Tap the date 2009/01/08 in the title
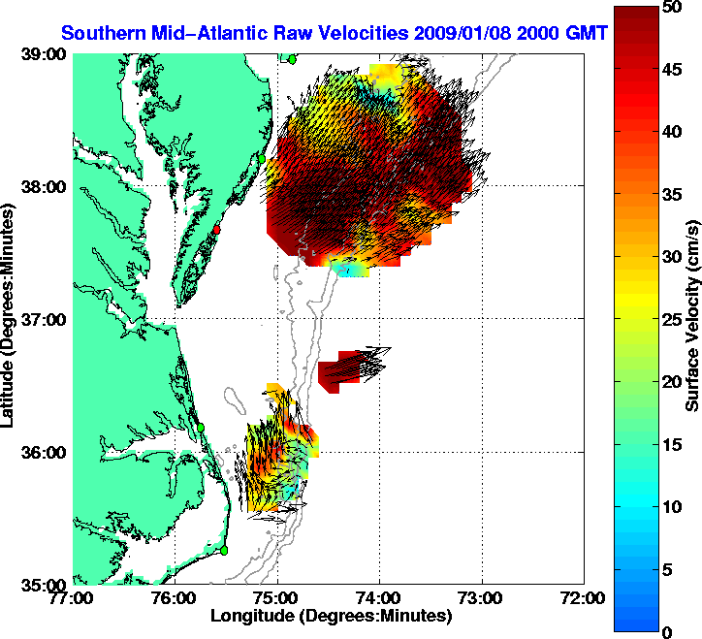pos(461,32)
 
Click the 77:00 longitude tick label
pos(74,597)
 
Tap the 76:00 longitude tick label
pos(175,597)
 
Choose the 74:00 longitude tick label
pos(380,597)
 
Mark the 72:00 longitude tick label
pos(585,597)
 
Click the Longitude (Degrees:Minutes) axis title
pos(330,615)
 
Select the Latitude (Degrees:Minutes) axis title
pos(10,318)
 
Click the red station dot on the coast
pos(218,230)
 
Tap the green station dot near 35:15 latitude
pos(224,550)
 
